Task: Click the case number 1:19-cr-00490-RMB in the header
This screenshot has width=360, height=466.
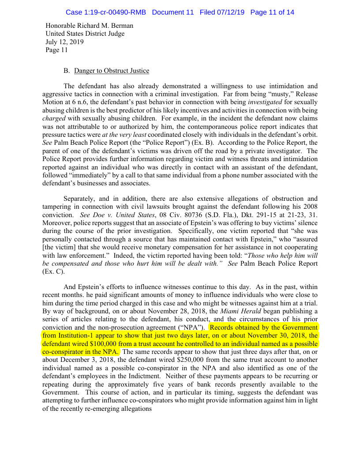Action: point(106,12)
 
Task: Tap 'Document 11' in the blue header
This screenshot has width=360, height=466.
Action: point(172,12)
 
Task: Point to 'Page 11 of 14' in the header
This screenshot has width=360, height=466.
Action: point(272,12)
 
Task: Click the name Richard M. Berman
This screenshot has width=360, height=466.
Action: point(105,26)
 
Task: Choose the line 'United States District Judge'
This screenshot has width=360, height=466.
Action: point(85,34)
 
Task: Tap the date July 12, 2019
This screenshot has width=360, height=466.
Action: point(64,42)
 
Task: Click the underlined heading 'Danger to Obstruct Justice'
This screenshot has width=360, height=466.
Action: point(112,71)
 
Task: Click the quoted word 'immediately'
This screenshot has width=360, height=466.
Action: point(94,175)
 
